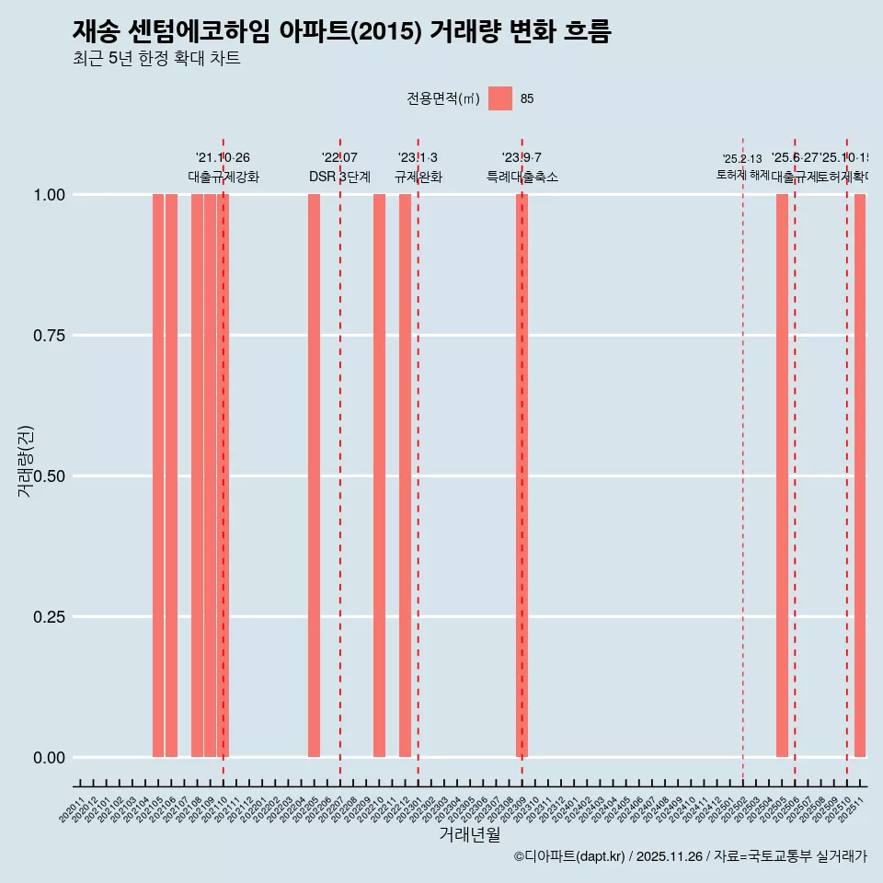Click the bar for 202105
coord(158,476)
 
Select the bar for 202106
coord(171,476)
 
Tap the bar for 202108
coord(197,476)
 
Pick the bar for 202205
coord(314,476)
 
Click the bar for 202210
coord(379,476)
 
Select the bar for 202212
coord(405,476)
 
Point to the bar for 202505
coord(782,476)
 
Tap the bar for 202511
coord(860,476)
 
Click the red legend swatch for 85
coord(500,98)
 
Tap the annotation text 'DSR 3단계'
coord(339,177)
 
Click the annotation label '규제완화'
coord(419,177)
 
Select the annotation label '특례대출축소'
coord(522,177)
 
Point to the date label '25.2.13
coord(742,159)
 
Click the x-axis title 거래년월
coord(470,834)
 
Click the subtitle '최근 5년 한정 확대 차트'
coord(156,59)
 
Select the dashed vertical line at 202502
coord(743,478)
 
